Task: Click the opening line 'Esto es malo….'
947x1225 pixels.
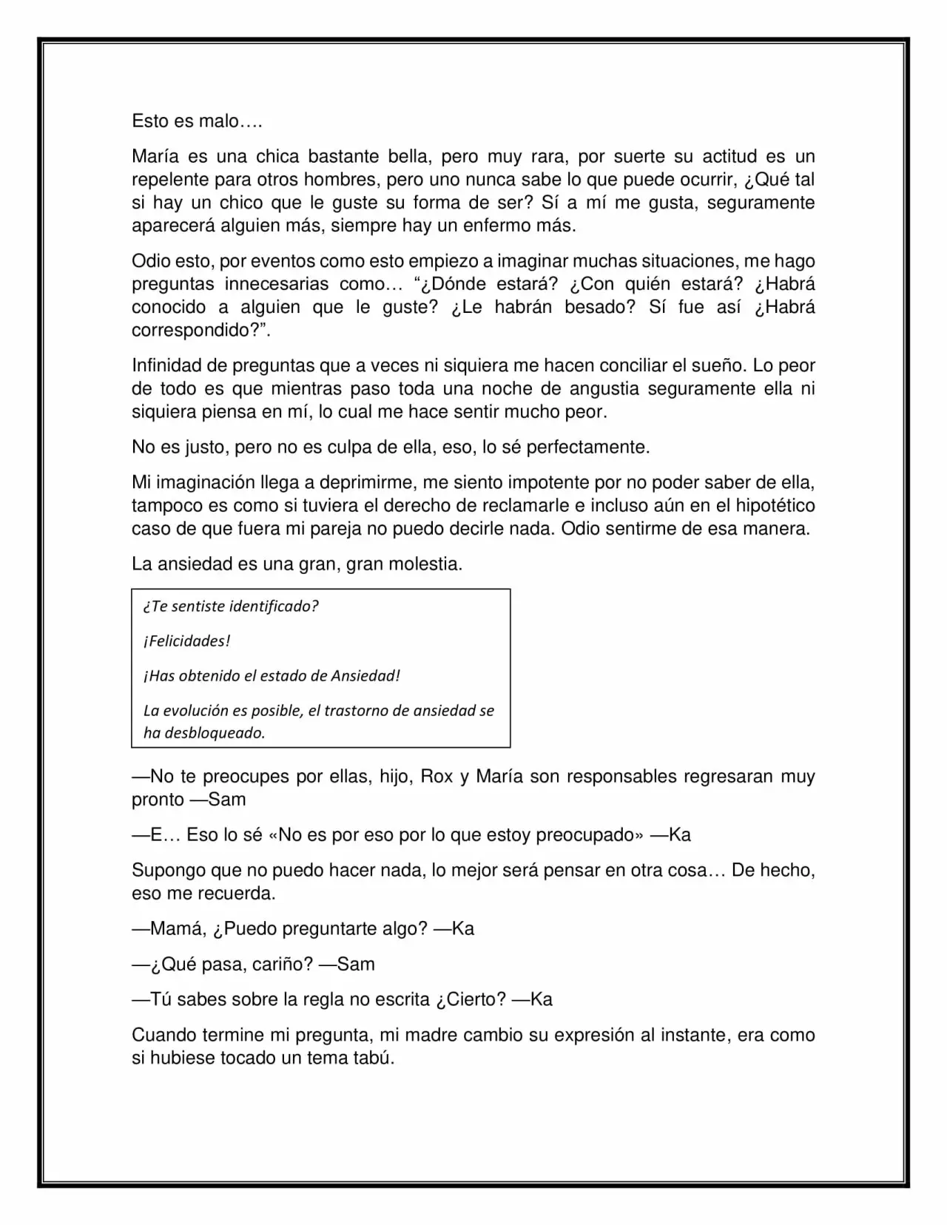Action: [x=197, y=121]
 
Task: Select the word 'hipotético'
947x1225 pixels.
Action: [x=772, y=505]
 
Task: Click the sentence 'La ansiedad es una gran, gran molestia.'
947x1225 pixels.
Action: [x=297, y=564]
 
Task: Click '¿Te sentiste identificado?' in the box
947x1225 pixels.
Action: [x=230, y=607]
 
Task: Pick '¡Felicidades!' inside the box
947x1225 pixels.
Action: [x=186, y=641]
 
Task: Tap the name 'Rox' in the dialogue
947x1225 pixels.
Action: [x=437, y=776]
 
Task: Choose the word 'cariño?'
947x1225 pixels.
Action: [x=299, y=964]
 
